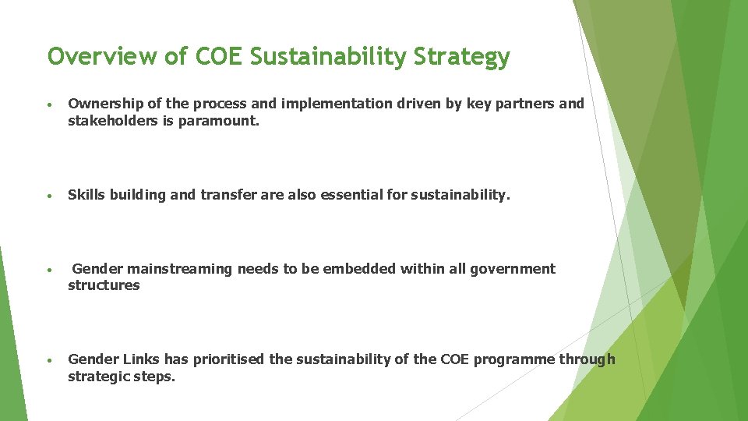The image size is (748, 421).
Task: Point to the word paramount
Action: click(230, 121)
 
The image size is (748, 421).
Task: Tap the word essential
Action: click(347, 195)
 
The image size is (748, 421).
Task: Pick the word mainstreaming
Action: click(180, 269)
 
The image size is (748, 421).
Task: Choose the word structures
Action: click(104, 285)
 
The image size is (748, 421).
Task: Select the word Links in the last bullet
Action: click(139, 359)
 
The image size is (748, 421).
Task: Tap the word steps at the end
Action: click(157, 377)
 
